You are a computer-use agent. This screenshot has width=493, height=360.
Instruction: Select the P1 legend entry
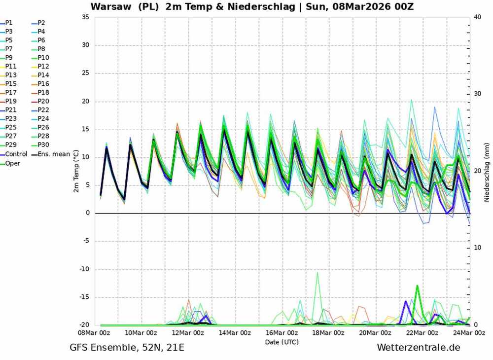(9, 23)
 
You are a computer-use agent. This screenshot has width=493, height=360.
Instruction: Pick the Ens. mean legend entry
(53, 154)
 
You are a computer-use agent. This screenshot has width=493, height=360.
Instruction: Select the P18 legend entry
(43, 93)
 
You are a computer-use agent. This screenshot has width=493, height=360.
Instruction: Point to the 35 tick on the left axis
(85, 17)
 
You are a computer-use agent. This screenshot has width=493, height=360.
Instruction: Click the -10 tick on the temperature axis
(84, 269)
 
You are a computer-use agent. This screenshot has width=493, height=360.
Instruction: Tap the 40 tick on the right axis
(477, 17)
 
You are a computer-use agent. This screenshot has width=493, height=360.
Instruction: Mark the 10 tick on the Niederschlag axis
(477, 248)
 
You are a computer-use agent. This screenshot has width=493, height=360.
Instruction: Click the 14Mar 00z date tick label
(235, 333)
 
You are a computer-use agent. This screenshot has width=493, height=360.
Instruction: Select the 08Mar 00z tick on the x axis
(100, 333)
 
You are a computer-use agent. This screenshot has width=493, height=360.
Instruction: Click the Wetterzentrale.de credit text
(418, 348)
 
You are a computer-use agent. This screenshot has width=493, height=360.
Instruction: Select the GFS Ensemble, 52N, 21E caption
(127, 348)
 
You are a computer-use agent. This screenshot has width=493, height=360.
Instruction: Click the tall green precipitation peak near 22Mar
(417, 286)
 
